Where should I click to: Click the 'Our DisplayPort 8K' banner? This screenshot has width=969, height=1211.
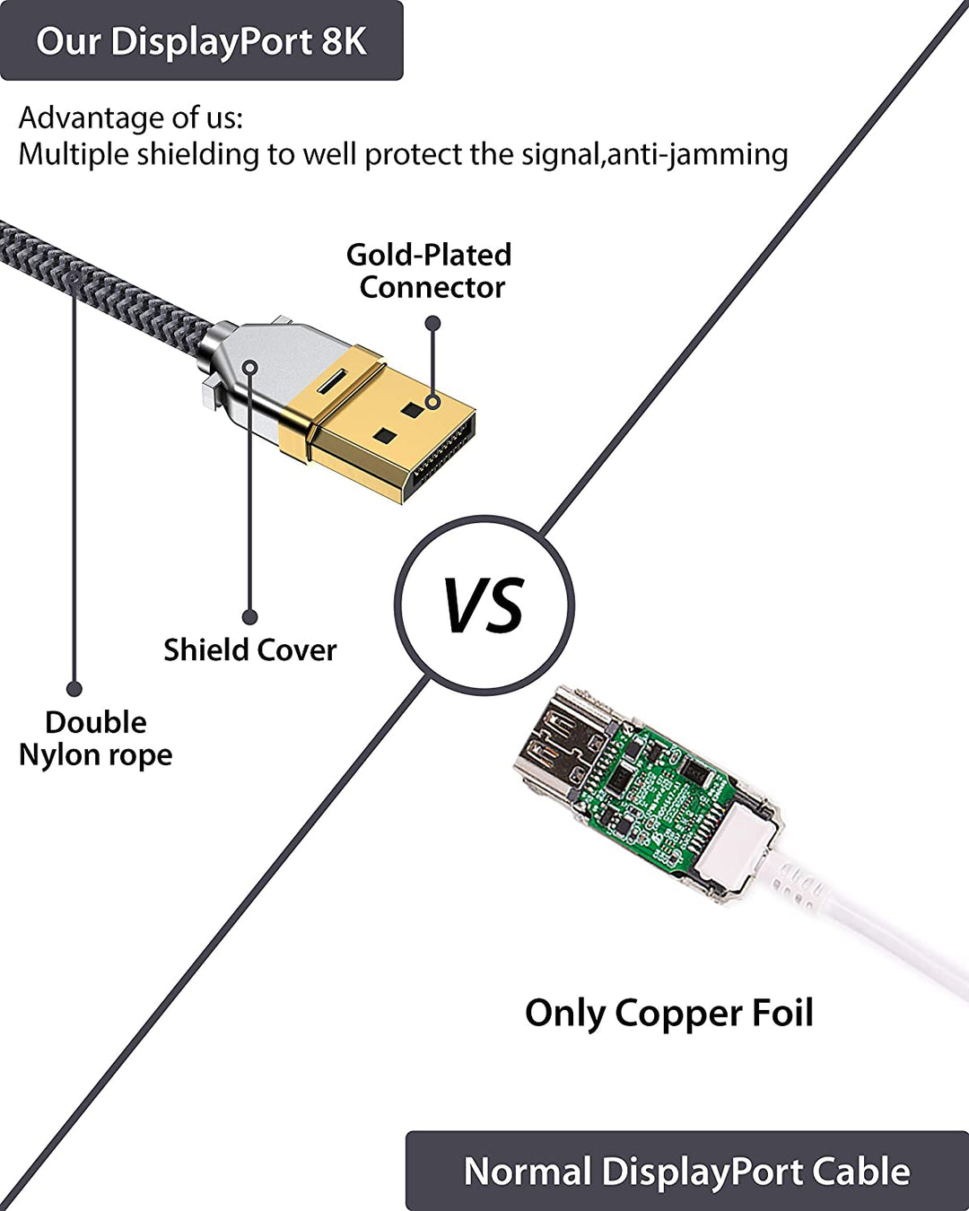201,41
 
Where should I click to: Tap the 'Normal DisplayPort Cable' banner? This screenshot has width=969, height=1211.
686,1172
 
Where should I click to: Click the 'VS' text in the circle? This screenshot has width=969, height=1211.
484,605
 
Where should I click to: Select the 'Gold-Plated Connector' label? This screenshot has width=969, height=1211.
430,271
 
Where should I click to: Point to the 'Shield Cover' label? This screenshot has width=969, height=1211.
249,649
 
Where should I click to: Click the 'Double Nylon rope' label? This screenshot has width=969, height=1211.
95,738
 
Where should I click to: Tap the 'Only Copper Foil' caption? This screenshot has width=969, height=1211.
669,1013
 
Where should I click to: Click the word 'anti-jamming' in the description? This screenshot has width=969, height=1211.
698,154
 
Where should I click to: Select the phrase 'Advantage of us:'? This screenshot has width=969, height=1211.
131,118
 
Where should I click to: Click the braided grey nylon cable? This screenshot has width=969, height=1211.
99,278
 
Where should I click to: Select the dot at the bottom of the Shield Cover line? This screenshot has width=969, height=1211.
249,617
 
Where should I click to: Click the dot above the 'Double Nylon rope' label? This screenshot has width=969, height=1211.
74,689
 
